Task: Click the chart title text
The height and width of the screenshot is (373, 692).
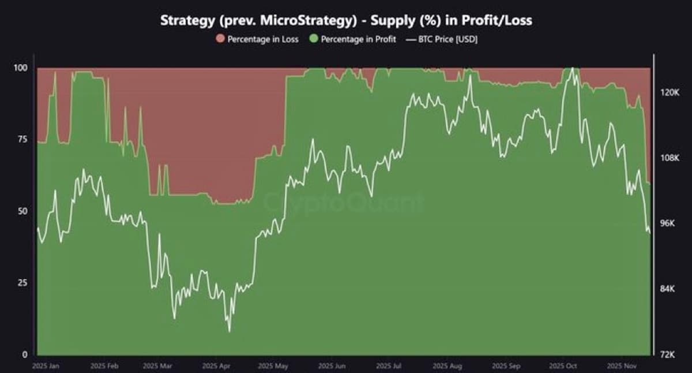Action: (x=346, y=21)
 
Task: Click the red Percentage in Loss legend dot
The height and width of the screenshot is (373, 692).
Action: (x=220, y=39)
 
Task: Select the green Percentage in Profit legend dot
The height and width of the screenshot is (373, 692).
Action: (x=314, y=39)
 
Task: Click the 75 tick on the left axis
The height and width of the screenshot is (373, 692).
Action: (x=22, y=140)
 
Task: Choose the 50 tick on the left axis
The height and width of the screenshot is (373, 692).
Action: (x=22, y=211)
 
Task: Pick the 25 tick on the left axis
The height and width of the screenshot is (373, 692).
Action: (x=22, y=283)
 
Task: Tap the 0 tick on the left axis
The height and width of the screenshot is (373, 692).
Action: (x=24, y=355)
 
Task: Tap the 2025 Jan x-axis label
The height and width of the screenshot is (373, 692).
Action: (x=46, y=366)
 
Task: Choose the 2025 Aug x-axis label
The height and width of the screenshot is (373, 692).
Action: (x=447, y=366)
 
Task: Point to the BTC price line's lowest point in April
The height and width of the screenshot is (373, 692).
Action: (x=229, y=331)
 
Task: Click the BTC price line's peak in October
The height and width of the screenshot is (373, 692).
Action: (x=571, y=68)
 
